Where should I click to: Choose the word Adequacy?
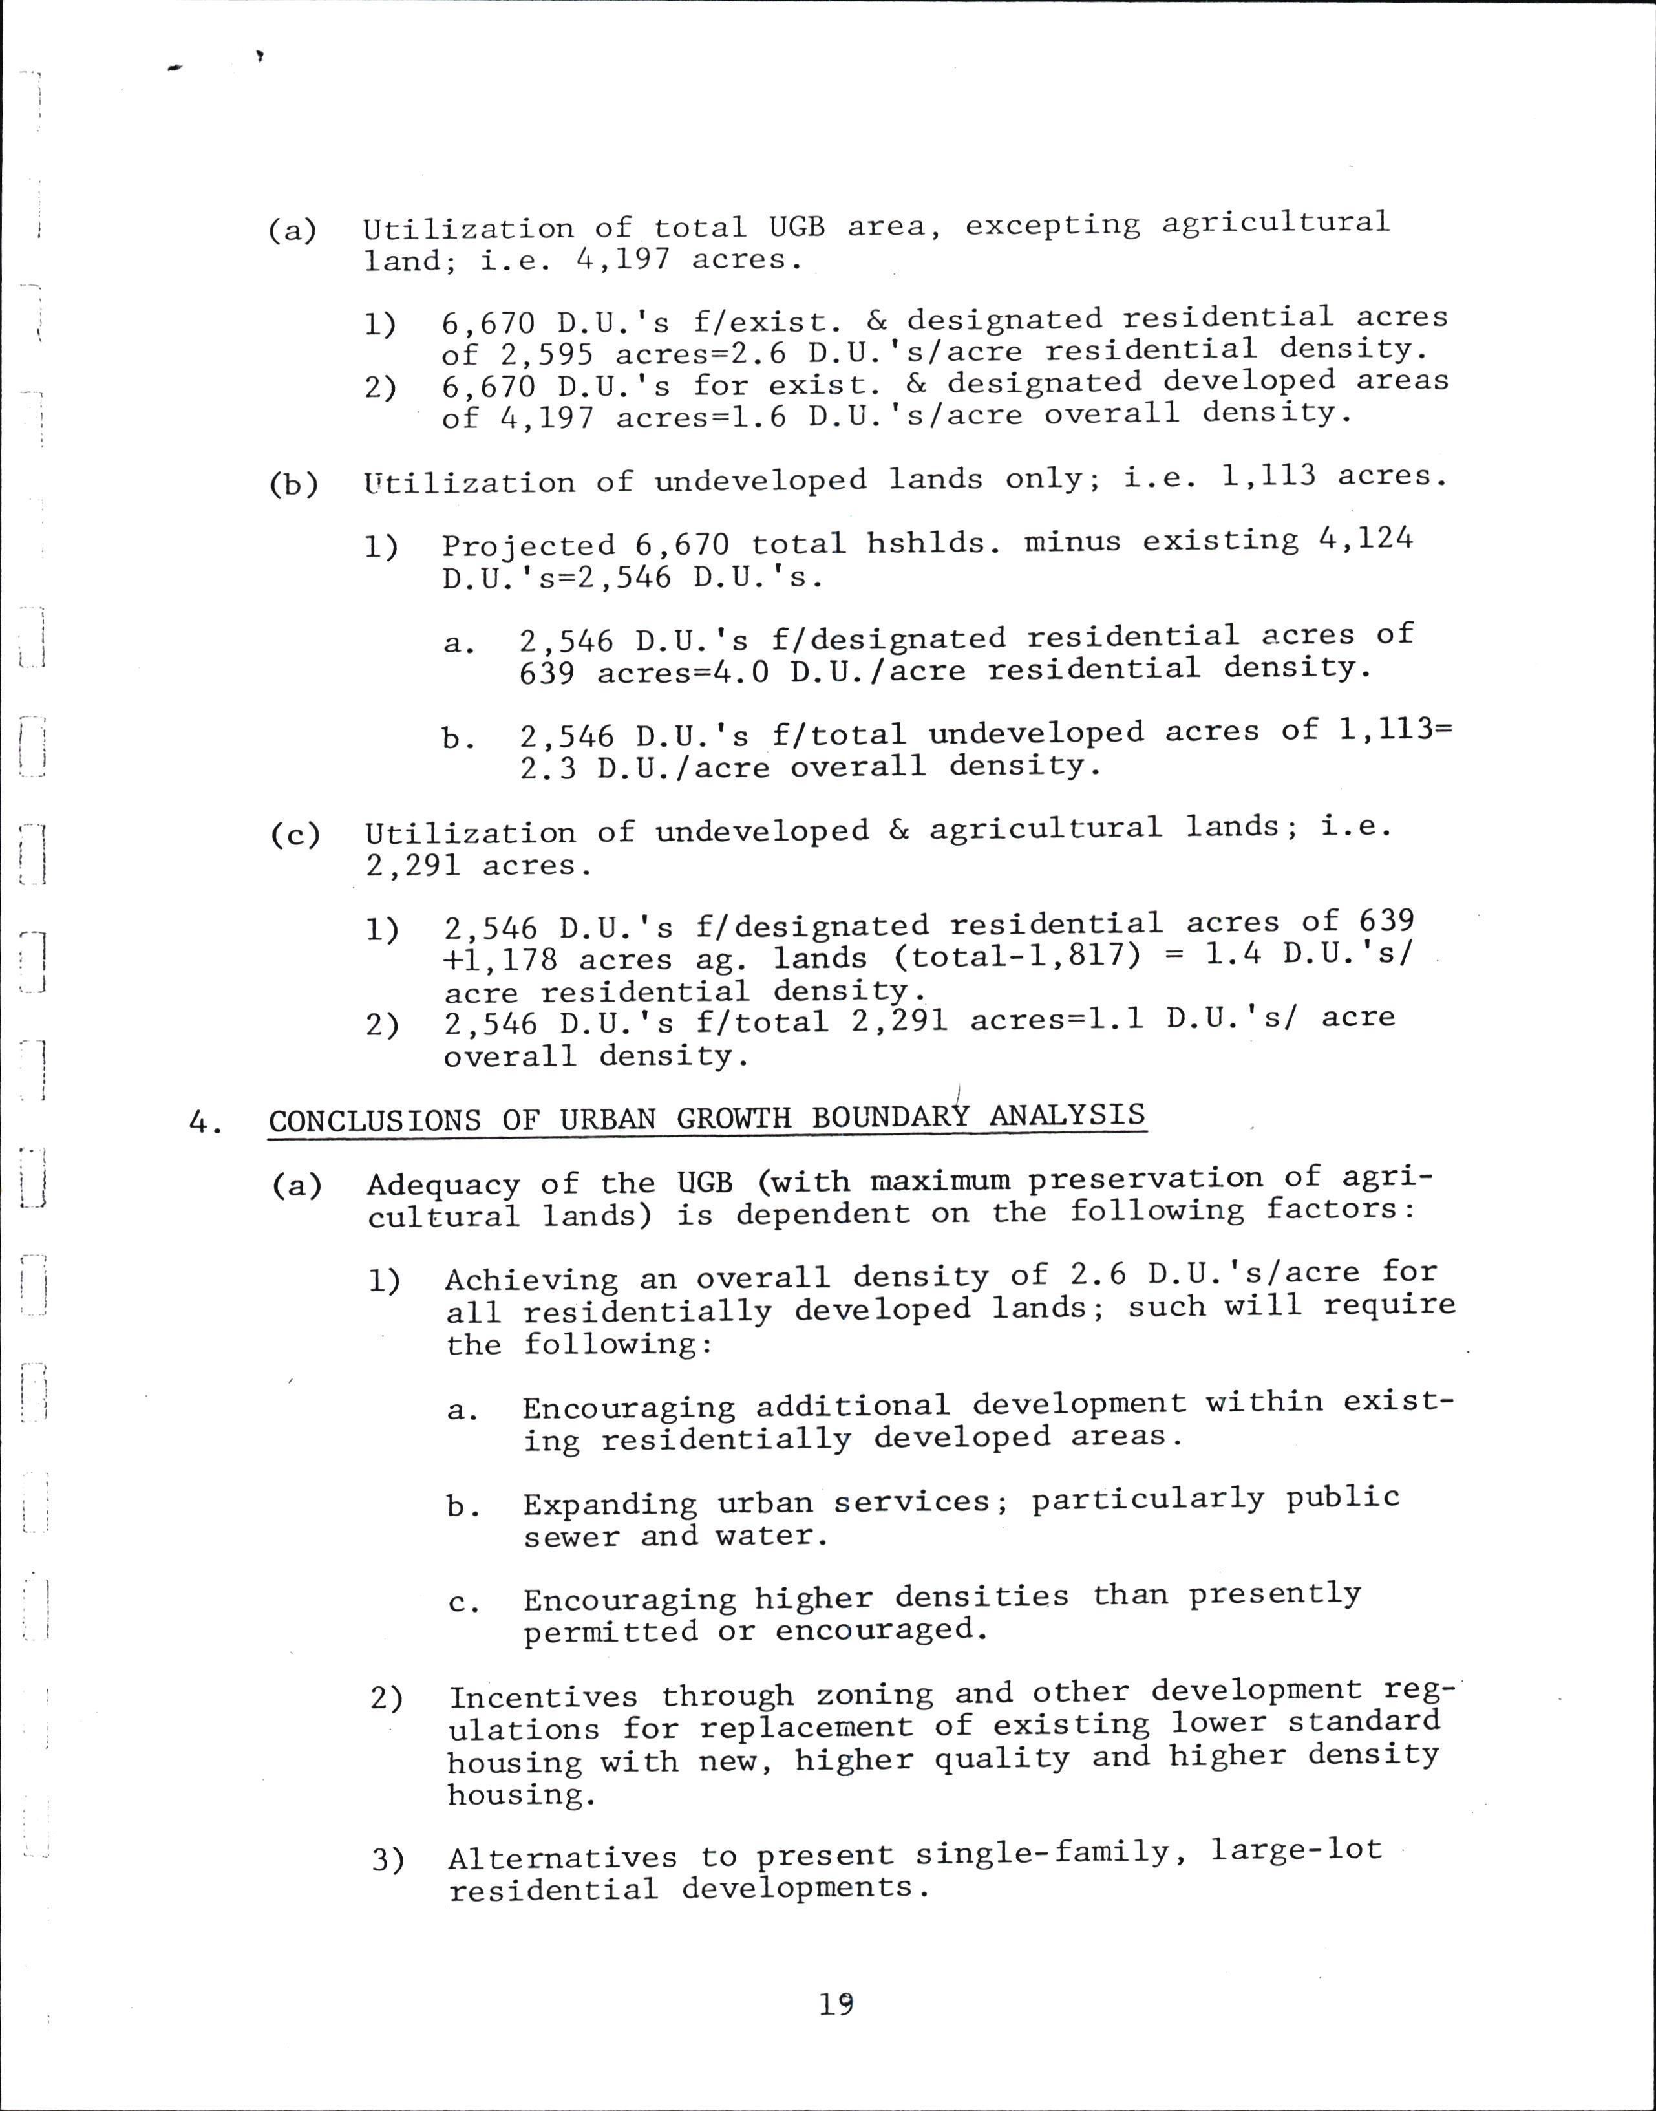(x=443, y=1184)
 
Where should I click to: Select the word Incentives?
(x=543, y=1697)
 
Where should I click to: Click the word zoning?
(x=874, y=1694)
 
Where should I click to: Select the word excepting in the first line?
(x=1052, y=225)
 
